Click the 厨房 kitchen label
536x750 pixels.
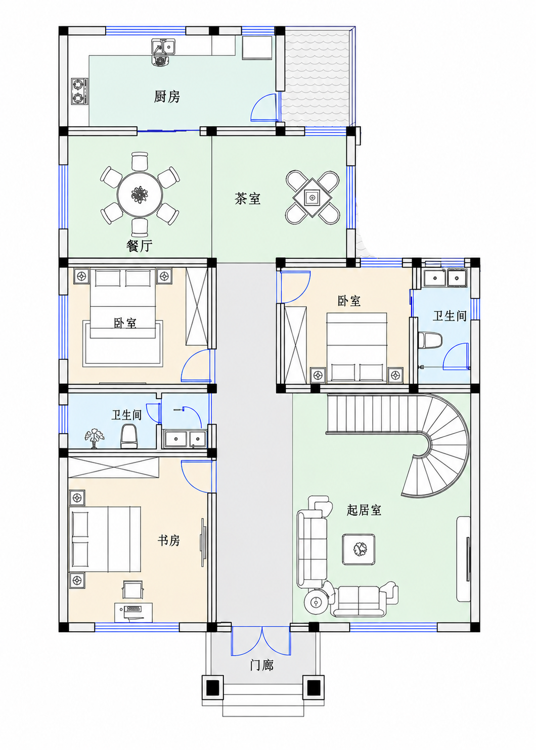[167, 97]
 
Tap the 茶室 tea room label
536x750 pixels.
[247, 199]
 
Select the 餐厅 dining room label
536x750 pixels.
[139, 246]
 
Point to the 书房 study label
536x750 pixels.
[168, 540]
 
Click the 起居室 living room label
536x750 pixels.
[364, 510]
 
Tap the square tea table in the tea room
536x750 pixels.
[312, 198]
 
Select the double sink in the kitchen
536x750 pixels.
[164, 46]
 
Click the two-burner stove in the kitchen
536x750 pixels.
[79, 91]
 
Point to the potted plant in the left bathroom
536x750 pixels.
[95, 438]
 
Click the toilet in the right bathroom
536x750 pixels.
[430, 341]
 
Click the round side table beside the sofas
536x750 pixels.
[316, 602]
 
